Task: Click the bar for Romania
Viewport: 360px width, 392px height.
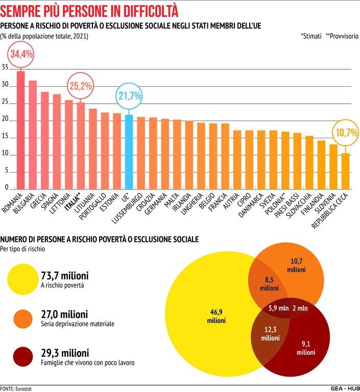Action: tap(21, 130)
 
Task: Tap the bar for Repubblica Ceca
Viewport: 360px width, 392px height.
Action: tap(346, 171)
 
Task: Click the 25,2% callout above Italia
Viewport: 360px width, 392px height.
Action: tap(81, 85)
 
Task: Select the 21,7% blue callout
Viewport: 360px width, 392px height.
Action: tap(129, 95)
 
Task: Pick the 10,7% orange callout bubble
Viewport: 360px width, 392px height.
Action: tap(346, 133)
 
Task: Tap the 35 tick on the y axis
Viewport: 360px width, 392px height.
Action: tap(5, 68)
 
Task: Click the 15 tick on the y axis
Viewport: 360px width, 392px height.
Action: tap(5, 137)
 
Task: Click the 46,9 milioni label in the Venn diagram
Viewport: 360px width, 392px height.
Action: tap(216, 316)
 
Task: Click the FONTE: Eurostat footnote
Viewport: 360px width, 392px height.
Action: tap(16, 388)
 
